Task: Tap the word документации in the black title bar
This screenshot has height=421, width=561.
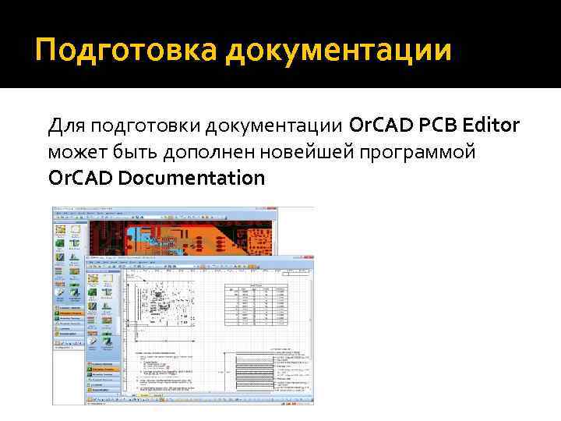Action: click(x=339, y=51)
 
